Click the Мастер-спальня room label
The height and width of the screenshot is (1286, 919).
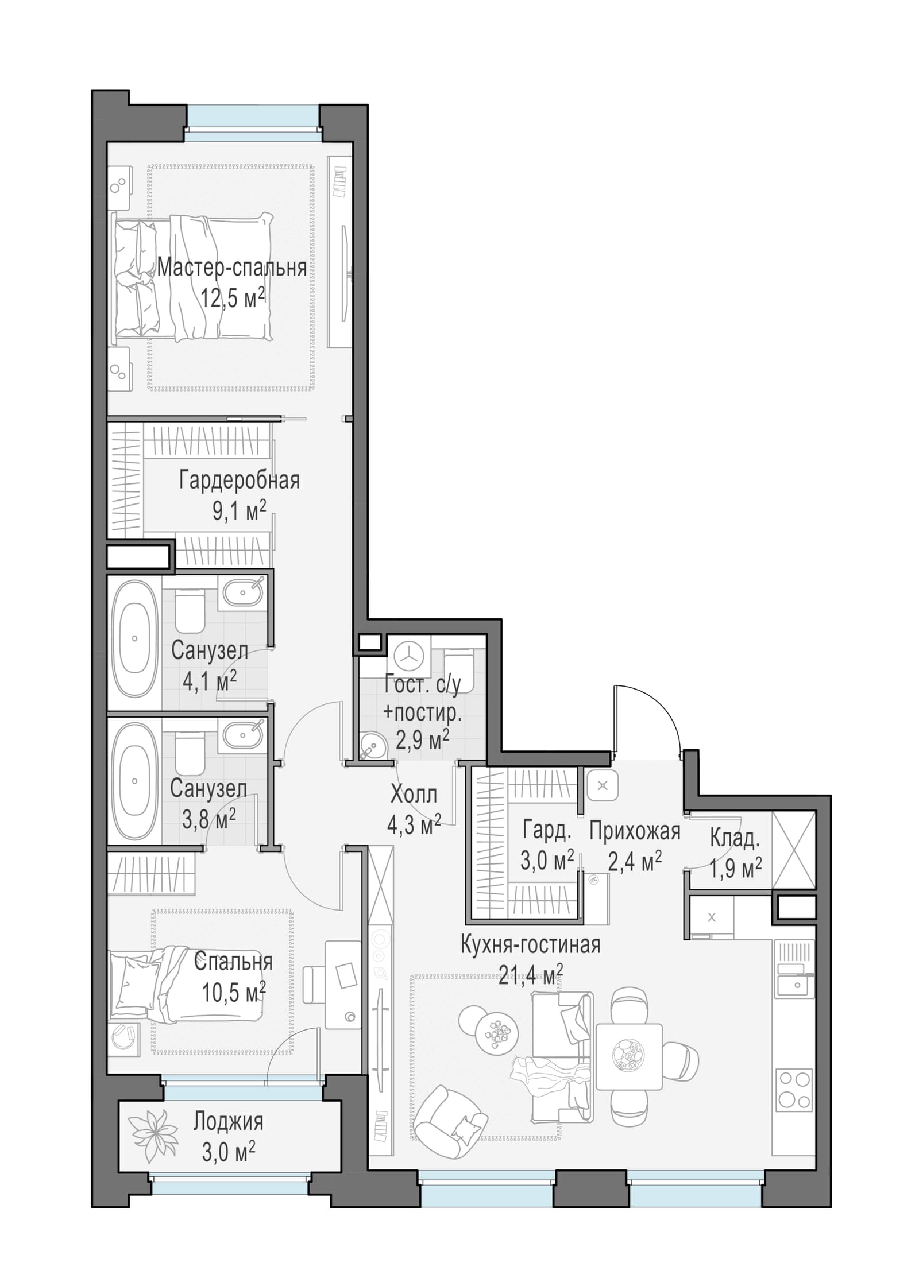(231, 268)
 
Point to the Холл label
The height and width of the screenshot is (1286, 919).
(414, 795)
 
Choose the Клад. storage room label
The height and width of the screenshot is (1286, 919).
(735, 838)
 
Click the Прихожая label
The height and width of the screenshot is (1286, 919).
(635, 831)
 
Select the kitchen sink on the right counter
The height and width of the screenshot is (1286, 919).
(794, 984)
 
